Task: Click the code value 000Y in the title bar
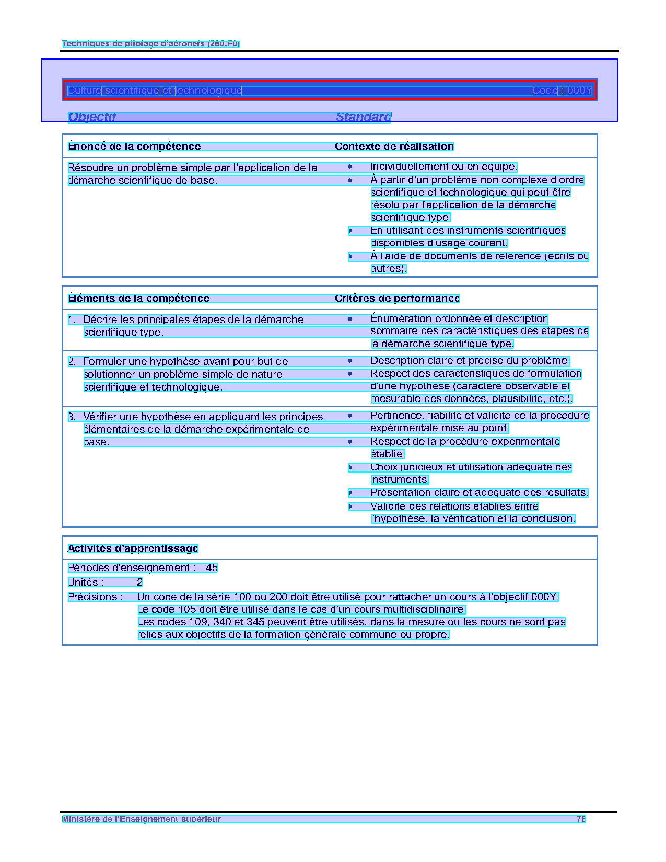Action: (580, 91)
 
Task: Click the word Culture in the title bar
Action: (84, 91)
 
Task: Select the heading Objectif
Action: (92, 117)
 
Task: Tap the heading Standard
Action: (363, 117)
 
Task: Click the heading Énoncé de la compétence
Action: (134, 147)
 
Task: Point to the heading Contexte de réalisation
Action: (394, 147)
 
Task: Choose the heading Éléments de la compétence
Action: (138, 299)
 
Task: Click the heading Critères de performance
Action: (397, 299)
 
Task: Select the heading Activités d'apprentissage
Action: (133, 549)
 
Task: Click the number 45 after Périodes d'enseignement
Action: (212, 568)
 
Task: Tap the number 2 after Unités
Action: (139, 583)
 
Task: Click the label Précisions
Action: (95, 597)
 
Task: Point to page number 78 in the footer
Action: (581, 819)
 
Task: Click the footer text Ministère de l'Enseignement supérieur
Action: (142, 819)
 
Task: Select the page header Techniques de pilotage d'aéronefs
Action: (150, 44)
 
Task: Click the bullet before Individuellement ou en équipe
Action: (350, 167)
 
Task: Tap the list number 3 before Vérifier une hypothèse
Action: (72, 417)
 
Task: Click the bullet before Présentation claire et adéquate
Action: (350, 493)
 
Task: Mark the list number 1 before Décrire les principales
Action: (72, 320)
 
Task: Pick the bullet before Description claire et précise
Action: (350, 361)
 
